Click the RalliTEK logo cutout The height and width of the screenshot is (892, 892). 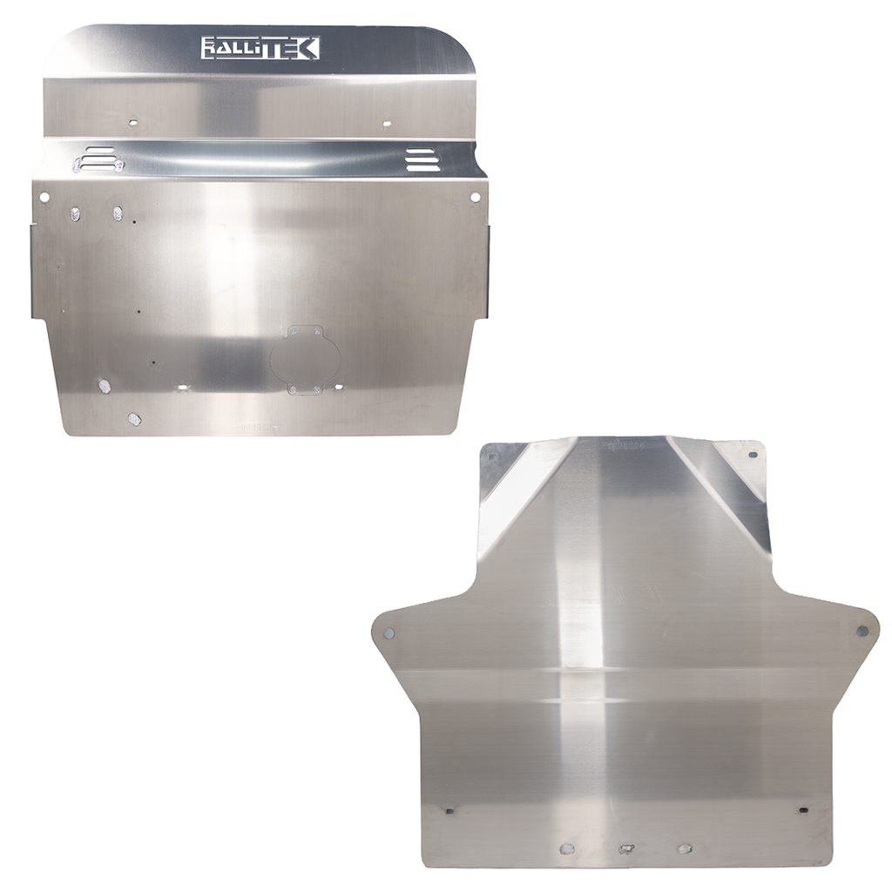point(260,49)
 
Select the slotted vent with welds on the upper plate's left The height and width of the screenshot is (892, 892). point(98,159)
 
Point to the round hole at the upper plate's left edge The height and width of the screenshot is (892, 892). point(44,198)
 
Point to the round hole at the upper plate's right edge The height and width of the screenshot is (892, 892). point(476,197)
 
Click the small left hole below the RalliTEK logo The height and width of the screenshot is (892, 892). point(132,122)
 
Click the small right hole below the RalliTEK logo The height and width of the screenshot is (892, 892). point(387,122)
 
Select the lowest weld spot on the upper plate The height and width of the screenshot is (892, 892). point(134,419)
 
